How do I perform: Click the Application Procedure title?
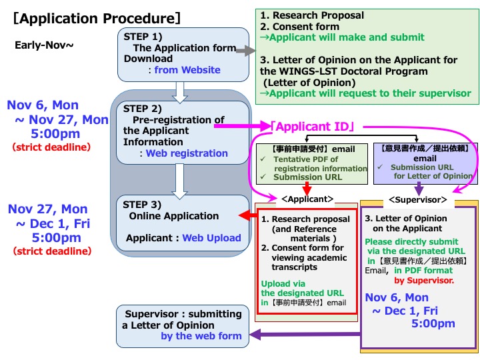[97, 18]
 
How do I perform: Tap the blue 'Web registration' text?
[187, 153]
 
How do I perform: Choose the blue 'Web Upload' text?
[211, 238]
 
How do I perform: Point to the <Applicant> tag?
[307, 199]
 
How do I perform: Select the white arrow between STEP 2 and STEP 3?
[179, 181]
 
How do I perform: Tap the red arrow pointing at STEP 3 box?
[248, 216]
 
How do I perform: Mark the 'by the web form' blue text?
[201, 336]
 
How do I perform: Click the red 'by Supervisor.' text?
[427, 281]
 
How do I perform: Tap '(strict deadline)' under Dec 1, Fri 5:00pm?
[52, 251]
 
